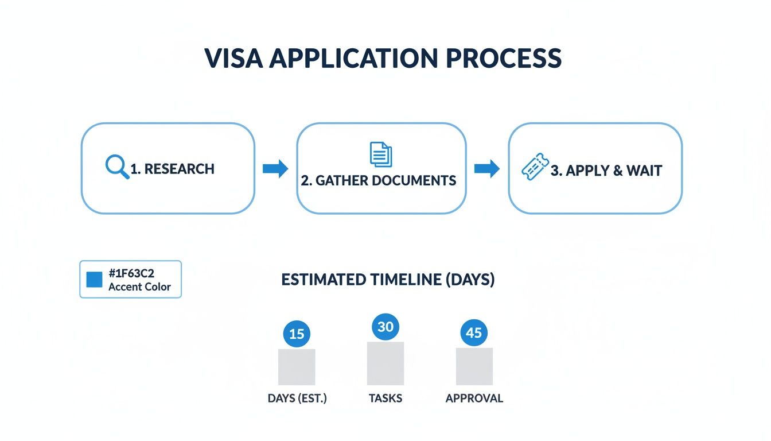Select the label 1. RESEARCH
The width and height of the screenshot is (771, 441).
coord(172,169)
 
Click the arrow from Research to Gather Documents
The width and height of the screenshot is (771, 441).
coord(275,169)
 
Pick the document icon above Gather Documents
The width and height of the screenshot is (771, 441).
coord(381,154)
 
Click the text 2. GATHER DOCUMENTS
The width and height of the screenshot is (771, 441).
coord(379,180)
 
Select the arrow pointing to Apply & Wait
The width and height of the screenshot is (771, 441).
coord(487,169)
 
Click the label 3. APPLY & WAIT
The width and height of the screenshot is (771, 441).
coord(606,171)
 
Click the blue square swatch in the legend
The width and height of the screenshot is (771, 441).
coord(94,280)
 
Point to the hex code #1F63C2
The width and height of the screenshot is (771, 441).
coord(131,273)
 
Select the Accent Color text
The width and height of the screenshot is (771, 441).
coord(139,287)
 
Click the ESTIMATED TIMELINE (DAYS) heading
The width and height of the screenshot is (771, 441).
coord(388,280)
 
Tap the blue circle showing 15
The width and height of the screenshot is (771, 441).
coord(297,333)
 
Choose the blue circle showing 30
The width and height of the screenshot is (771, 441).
coord(385,327)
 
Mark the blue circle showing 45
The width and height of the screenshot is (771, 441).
coord(474,332)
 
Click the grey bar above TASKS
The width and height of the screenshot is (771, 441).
coord(385,363)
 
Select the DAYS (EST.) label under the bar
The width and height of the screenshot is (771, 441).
coord(297,398)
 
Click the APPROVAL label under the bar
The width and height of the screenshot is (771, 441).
coord(474,398)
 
